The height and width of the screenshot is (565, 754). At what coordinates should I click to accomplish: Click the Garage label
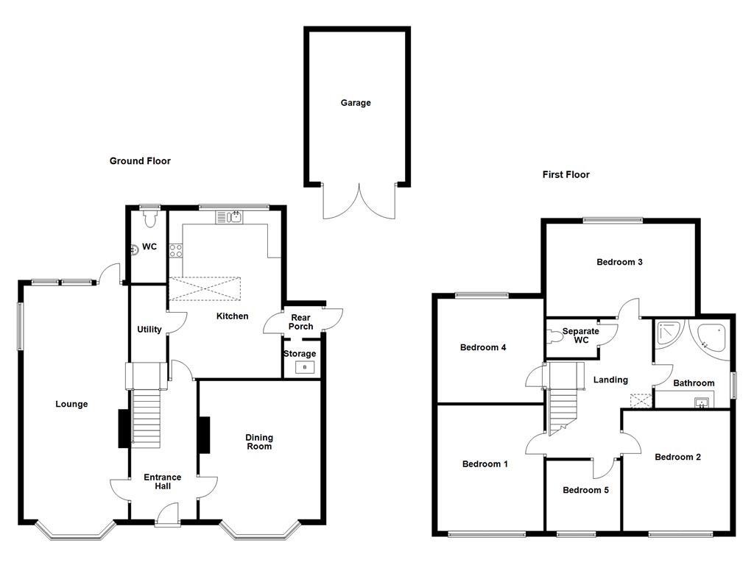(x=355, y=103)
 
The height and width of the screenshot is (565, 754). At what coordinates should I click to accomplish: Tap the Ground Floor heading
(x=140, y=160)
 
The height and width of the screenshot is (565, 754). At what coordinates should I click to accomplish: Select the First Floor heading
(x=565, y=174)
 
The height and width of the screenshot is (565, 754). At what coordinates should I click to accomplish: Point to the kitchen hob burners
(x=177, y=250)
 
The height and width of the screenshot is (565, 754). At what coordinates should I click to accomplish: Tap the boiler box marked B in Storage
(x=305, y=366)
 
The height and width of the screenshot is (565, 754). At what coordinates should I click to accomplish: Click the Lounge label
(x=71, y=404)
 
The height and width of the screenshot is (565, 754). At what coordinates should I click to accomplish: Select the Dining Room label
(x=259, y=441)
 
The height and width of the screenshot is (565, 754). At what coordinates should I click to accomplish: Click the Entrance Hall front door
(x=168, y=515)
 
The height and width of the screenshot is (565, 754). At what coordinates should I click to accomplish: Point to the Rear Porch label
(x=300, y=321)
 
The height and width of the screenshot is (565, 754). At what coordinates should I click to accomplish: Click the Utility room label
(x=149, y=330)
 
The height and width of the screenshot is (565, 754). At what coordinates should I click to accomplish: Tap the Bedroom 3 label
(x=620, y=262)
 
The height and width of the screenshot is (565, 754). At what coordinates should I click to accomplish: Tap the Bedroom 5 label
(x=585, y=490)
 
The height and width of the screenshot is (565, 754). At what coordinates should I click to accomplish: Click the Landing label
(x=610, y=380)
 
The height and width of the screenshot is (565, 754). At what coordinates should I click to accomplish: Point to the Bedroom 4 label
(x=482, y=347)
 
